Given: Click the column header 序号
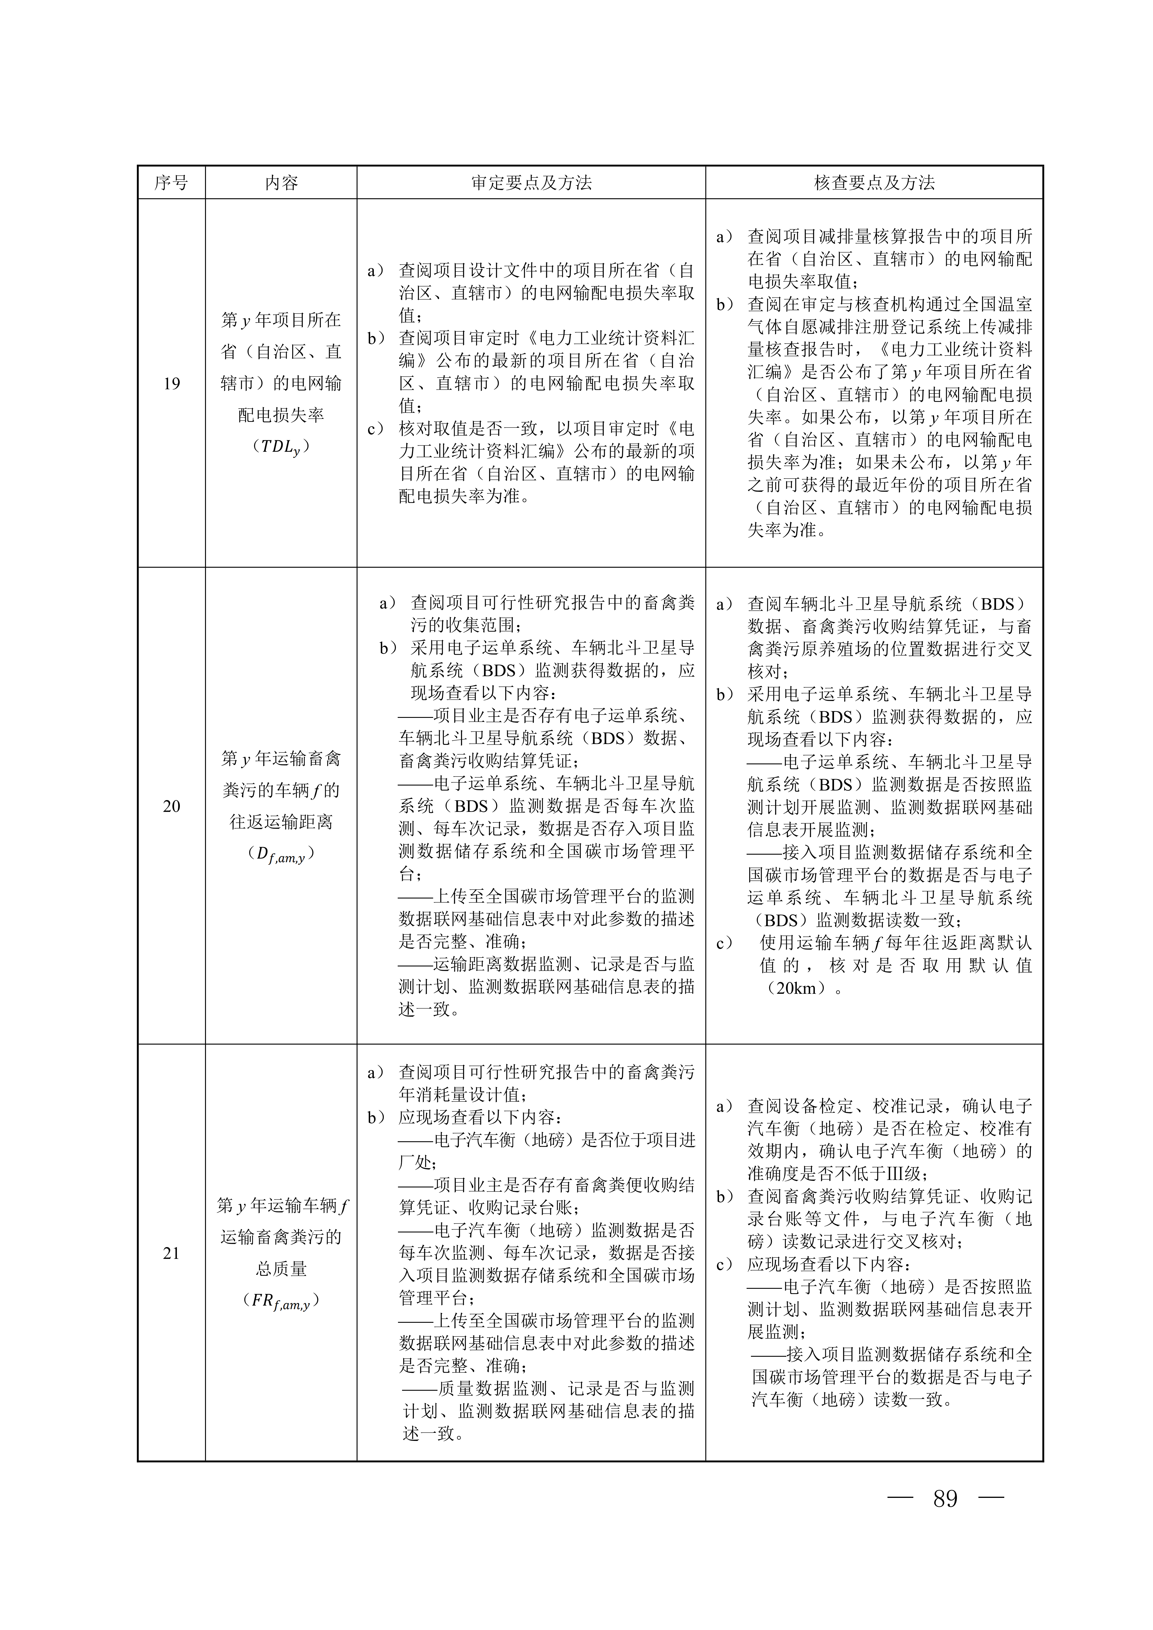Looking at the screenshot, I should tap(171, 183).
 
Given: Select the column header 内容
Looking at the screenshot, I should tap(281, 183).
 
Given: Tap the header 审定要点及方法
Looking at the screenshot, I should tap(531, 183).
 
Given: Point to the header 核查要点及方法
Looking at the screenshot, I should tap(874, 183).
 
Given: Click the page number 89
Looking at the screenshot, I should tap(945, 1499).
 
